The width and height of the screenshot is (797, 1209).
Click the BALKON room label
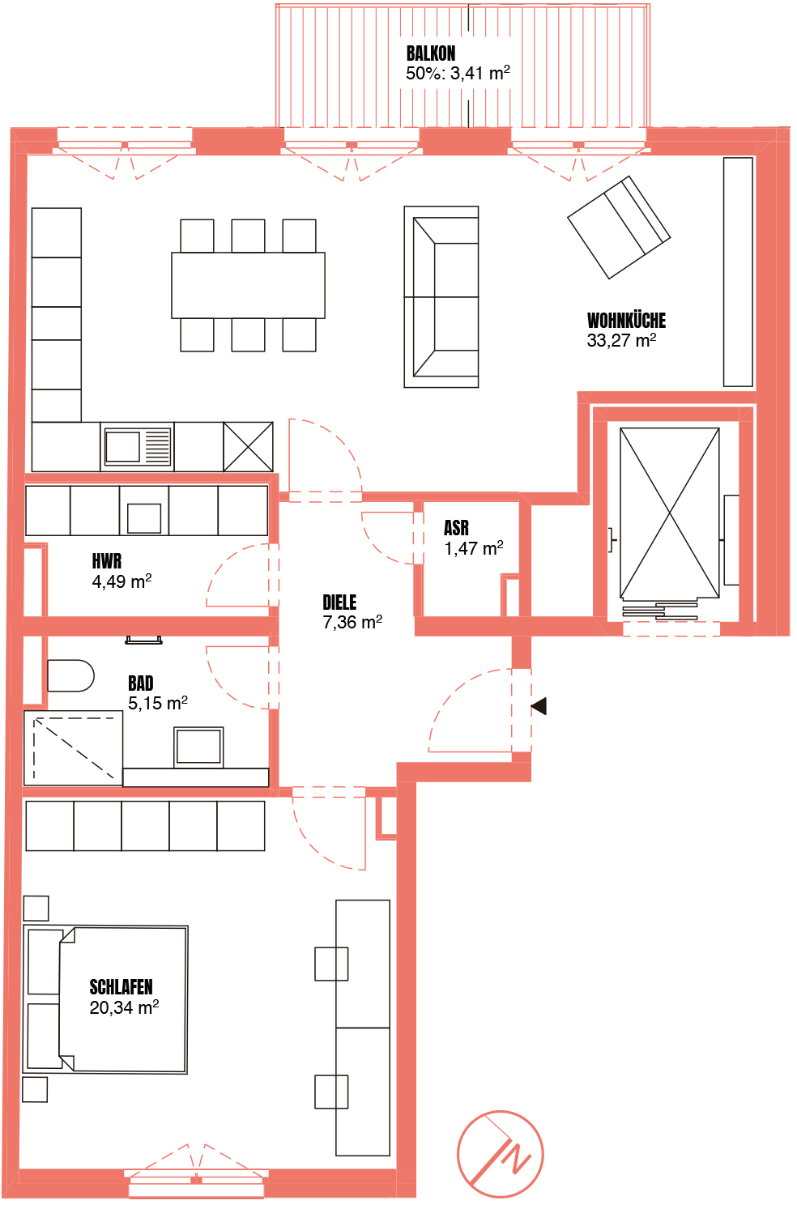(430, 53)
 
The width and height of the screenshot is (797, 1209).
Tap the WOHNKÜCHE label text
(626, 321)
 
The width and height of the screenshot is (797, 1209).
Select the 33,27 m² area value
(621, 341)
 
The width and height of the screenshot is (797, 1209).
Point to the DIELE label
(339, 602)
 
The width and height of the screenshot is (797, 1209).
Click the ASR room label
(456, 528)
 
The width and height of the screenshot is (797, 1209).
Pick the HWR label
(106, 561)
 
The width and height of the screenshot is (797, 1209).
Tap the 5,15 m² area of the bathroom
(158, 703)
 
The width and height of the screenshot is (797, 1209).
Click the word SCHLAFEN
(121, 987)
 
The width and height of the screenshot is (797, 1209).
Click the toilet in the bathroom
(70, 675)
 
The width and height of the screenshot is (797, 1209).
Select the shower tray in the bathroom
(74, 748)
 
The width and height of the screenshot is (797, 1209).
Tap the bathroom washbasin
(198, 747)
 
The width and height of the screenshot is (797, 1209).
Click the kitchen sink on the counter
(138, 447)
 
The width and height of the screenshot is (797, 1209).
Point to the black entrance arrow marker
(539, 706)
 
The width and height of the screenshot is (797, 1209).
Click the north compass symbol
(500, 1155)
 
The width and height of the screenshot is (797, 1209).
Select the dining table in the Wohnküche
(249, 285)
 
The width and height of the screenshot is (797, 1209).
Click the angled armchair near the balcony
(619, 228)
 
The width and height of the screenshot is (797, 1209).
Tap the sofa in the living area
(441, 297)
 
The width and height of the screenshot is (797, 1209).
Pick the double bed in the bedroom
(105, 999)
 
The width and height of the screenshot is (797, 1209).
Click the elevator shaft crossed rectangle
(670, 513)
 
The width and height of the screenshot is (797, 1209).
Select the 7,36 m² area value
(352, 622)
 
